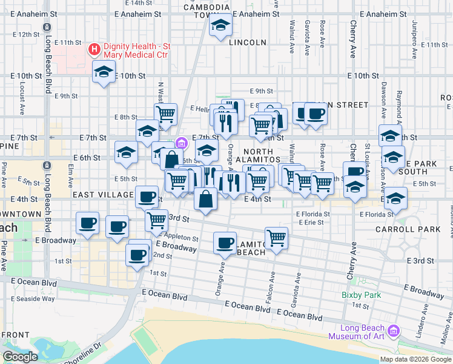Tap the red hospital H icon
pyautogui.click(x=94, y=49)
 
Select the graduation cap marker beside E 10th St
pyautogui.click(x=104, y=72)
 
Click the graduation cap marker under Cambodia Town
pyautogui.click(x=220, y=25)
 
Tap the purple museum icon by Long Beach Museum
pyautogui.click(x=394, y=331)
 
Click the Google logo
pyautogui.click(x=20, y=357)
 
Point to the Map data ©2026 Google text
pyautogui.click(x=415, y=359)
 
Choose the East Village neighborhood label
pyautogui.click(x=103, y=195)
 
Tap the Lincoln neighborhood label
pyautogui.click(x=248, y=42)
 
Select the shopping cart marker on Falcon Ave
pyautogui.click(x=276, y=237)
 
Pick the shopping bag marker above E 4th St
pyautogui.click(x=206, y=199)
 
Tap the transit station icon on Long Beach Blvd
pyautogui.click(x=47, y=29)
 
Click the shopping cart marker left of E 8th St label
pyautogui.click(x=165, y=113)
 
